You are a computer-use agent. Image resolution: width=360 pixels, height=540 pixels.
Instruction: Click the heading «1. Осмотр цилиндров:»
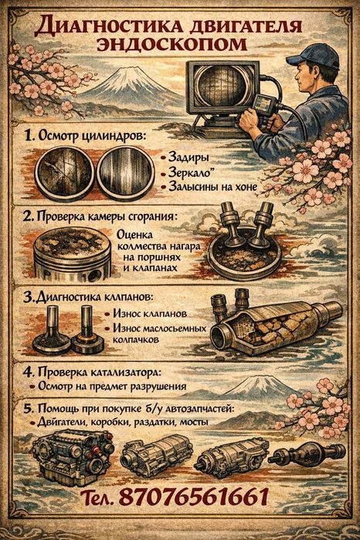87,136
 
